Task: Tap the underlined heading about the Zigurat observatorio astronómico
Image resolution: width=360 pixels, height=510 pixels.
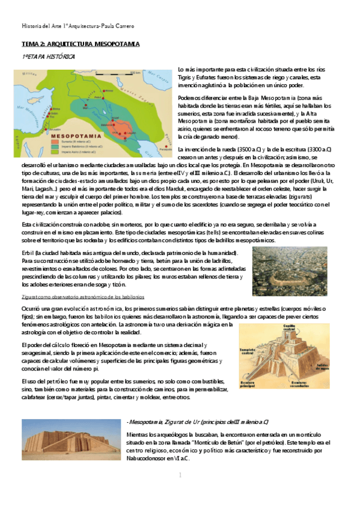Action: pyautogui.click(x=87, y=296)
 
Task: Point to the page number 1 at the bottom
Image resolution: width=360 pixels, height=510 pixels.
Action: pyautogui.click(x=180, y=476)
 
